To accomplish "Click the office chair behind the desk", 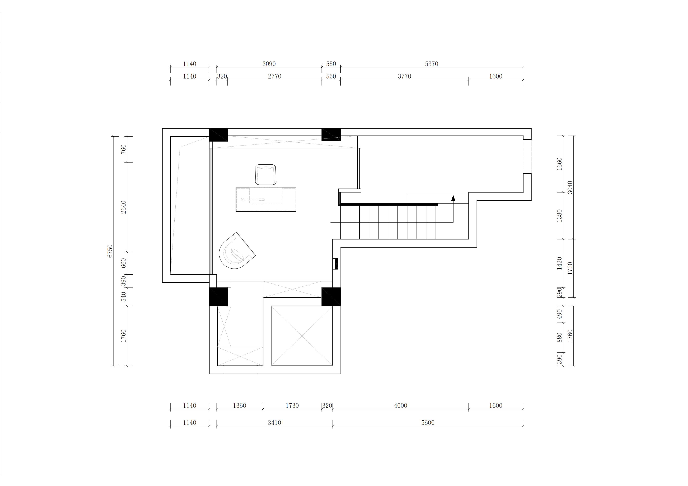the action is pyautogui.click(x=266, y=175).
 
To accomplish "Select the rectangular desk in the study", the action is pyautogui.click(x=266, y=200).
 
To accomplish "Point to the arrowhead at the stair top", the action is pyautogui.click(x=453, y=198).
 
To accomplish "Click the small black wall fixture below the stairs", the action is pyautogui.click(x=336, y=264).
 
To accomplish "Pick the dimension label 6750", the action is pyautogui.click(x=110, y=251).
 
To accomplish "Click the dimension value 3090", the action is pyautogui.click(x=269, y=64).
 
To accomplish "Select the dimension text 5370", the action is pyautogui.click(x=431, y=64).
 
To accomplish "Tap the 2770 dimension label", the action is pyautogui.click(x=274, y=76).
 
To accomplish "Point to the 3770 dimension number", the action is pyautogui.click(x=405, y=76).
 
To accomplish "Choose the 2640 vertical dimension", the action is pyautogui.click(x=123, y=207).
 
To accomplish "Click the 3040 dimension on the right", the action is pyautogui.click(x=570, y=187).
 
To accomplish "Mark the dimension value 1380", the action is pyautogui.click(x=559, y=216).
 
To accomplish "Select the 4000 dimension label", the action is pyautogui.click(x=401, y=406).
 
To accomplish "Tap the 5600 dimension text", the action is pyautogui.click(x=428, y=423).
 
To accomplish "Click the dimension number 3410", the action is pyautogui.click(x=274, y=423).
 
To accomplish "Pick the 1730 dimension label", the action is pyautogui.click(x=292, y=406).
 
